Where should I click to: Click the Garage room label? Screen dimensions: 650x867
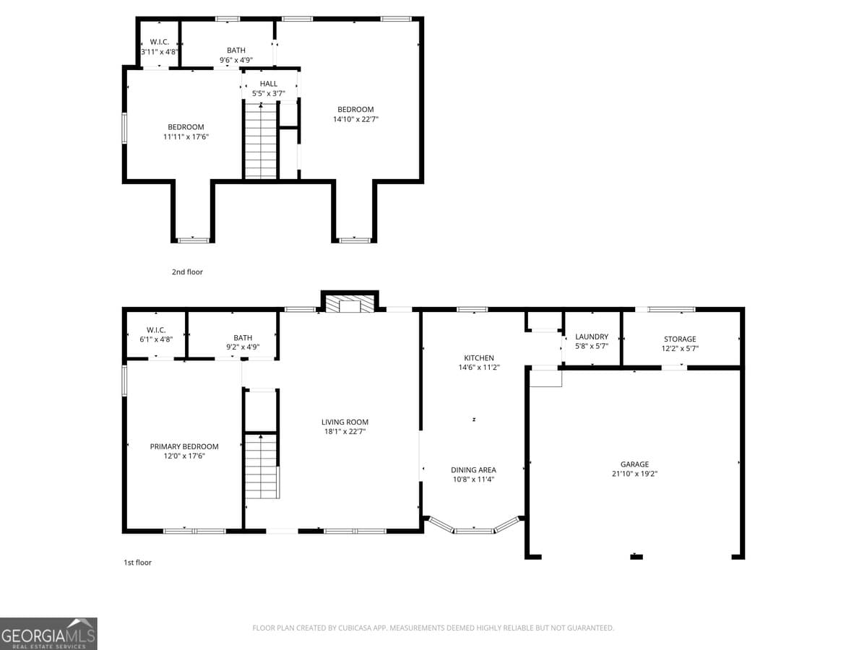(x=634, y=464)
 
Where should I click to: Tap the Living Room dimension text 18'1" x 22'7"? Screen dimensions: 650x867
(x=345, y=432)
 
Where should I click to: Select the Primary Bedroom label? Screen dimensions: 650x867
(x=184, y=446)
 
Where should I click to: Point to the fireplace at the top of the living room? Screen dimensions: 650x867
(x=350, y=303)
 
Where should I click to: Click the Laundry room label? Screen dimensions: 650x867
(x=592, y=337)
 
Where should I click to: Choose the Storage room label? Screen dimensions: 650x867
(x=680, y=339)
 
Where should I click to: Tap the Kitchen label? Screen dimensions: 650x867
(x=479, y=357)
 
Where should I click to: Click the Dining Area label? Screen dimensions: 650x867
(x=473, y=470)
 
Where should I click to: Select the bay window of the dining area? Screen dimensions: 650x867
(x=473, y=527)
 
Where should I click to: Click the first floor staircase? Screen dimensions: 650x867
(x=262, y=466)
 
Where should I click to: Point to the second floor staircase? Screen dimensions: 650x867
(x=261, y=141)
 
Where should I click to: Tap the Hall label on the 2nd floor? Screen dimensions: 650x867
(x=269, y=84)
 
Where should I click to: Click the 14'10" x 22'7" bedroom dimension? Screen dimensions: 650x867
(x=355, y=119)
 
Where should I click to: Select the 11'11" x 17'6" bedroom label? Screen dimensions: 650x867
(x=186, y=127)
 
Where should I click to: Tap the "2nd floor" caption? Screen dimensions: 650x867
(x=187, y=272)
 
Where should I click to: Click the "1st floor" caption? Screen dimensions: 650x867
(x=137, y=562)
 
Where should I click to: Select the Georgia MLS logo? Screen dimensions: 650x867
(x=48, y=633)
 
